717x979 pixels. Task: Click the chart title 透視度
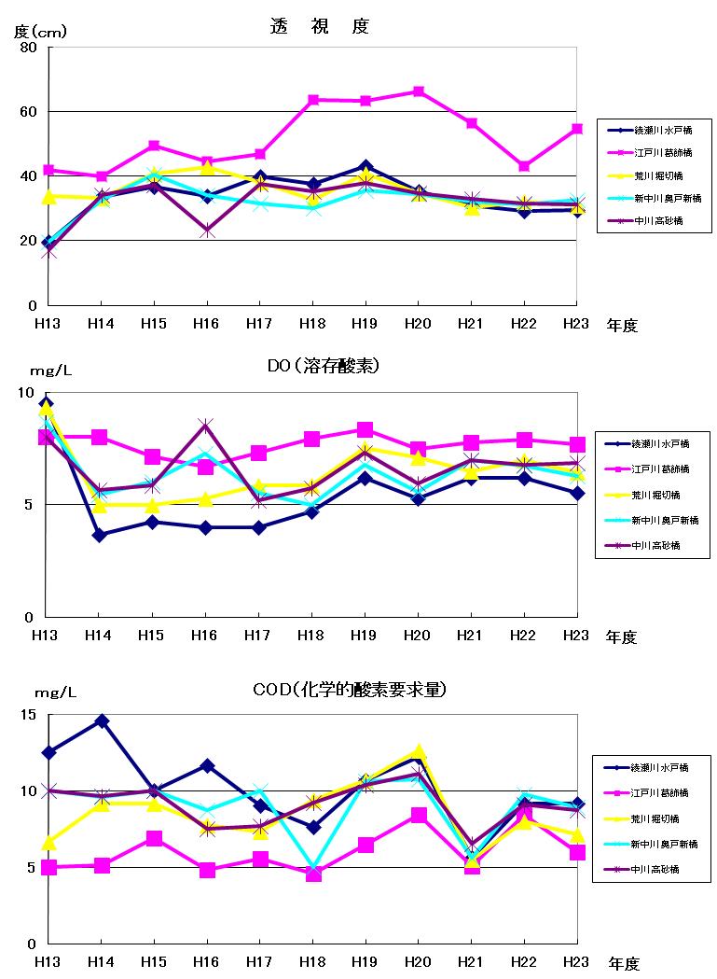tap(319, 26)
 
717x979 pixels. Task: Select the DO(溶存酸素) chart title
tap(317, 366)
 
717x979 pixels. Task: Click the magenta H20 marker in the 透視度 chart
tap(419, 91)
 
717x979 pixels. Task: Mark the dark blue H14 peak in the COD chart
tap(101, 721)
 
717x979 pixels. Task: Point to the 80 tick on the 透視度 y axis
tap(28, 48)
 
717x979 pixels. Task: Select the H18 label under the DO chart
tap(312, 636)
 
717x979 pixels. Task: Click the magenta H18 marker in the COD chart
tap(313, 874)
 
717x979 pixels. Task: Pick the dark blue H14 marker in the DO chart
tap(100, 535)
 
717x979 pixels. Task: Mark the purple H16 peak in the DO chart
tap(206, 426)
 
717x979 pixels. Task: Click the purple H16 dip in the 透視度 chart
tap(206, 231)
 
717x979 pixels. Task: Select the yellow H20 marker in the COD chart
tap(419, 751)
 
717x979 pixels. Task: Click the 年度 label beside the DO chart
tap(622, 637)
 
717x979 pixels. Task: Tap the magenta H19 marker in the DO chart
tap(365, 430)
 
